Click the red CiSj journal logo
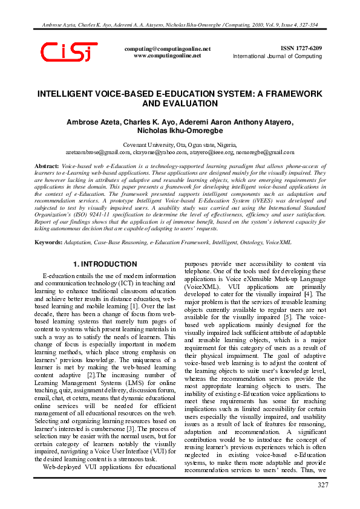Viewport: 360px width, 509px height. tap(68, 53)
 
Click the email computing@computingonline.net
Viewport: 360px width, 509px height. tap(167, 48)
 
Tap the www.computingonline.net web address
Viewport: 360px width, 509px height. tap(167, 55)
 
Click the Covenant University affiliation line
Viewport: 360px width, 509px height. tap(179, 145)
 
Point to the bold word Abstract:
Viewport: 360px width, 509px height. tap(47, 166)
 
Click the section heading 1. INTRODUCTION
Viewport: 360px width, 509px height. tap(105, 264)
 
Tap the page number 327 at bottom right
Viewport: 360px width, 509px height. tap(323, 485)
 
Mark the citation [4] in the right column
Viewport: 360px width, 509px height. tap(309, 294)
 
